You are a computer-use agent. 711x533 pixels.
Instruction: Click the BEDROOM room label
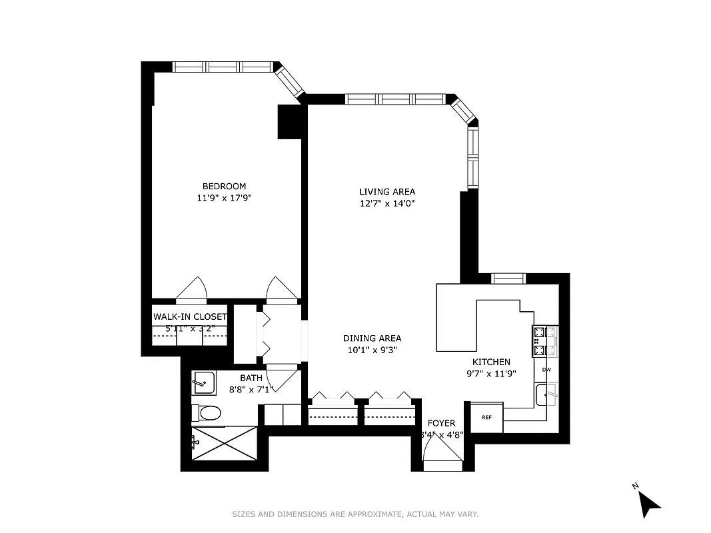(x=224, y=186)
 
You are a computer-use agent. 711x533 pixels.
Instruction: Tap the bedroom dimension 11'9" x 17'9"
(x=224, y=197)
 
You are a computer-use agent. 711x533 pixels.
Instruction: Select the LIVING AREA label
(x=386, y=192)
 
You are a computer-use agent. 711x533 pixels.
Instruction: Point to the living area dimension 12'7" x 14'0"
(x=386, y=203)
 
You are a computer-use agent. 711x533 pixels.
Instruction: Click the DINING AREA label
(x=372, y=338)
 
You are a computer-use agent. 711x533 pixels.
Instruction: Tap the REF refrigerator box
(x=486, y=418)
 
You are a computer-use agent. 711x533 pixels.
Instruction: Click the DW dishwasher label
(x=546, y=370)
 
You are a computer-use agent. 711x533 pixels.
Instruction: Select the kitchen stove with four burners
(x=545, y=340)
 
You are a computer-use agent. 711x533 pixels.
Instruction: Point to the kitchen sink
(x=547, y=394)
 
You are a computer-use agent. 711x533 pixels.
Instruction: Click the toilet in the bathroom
(x=209, y=414)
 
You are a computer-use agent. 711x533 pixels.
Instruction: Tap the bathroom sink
(x=203, y=384)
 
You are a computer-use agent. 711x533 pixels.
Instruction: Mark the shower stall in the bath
(x=223, y=441)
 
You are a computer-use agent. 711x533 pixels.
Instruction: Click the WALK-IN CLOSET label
(x=190, y=317)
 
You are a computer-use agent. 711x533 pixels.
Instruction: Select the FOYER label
(x=441, y=423)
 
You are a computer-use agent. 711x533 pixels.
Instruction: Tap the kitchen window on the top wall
(x=508, y=278)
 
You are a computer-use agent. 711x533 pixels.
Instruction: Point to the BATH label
(x=251, y=378)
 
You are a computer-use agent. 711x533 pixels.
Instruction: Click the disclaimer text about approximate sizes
(x=355, y=514)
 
